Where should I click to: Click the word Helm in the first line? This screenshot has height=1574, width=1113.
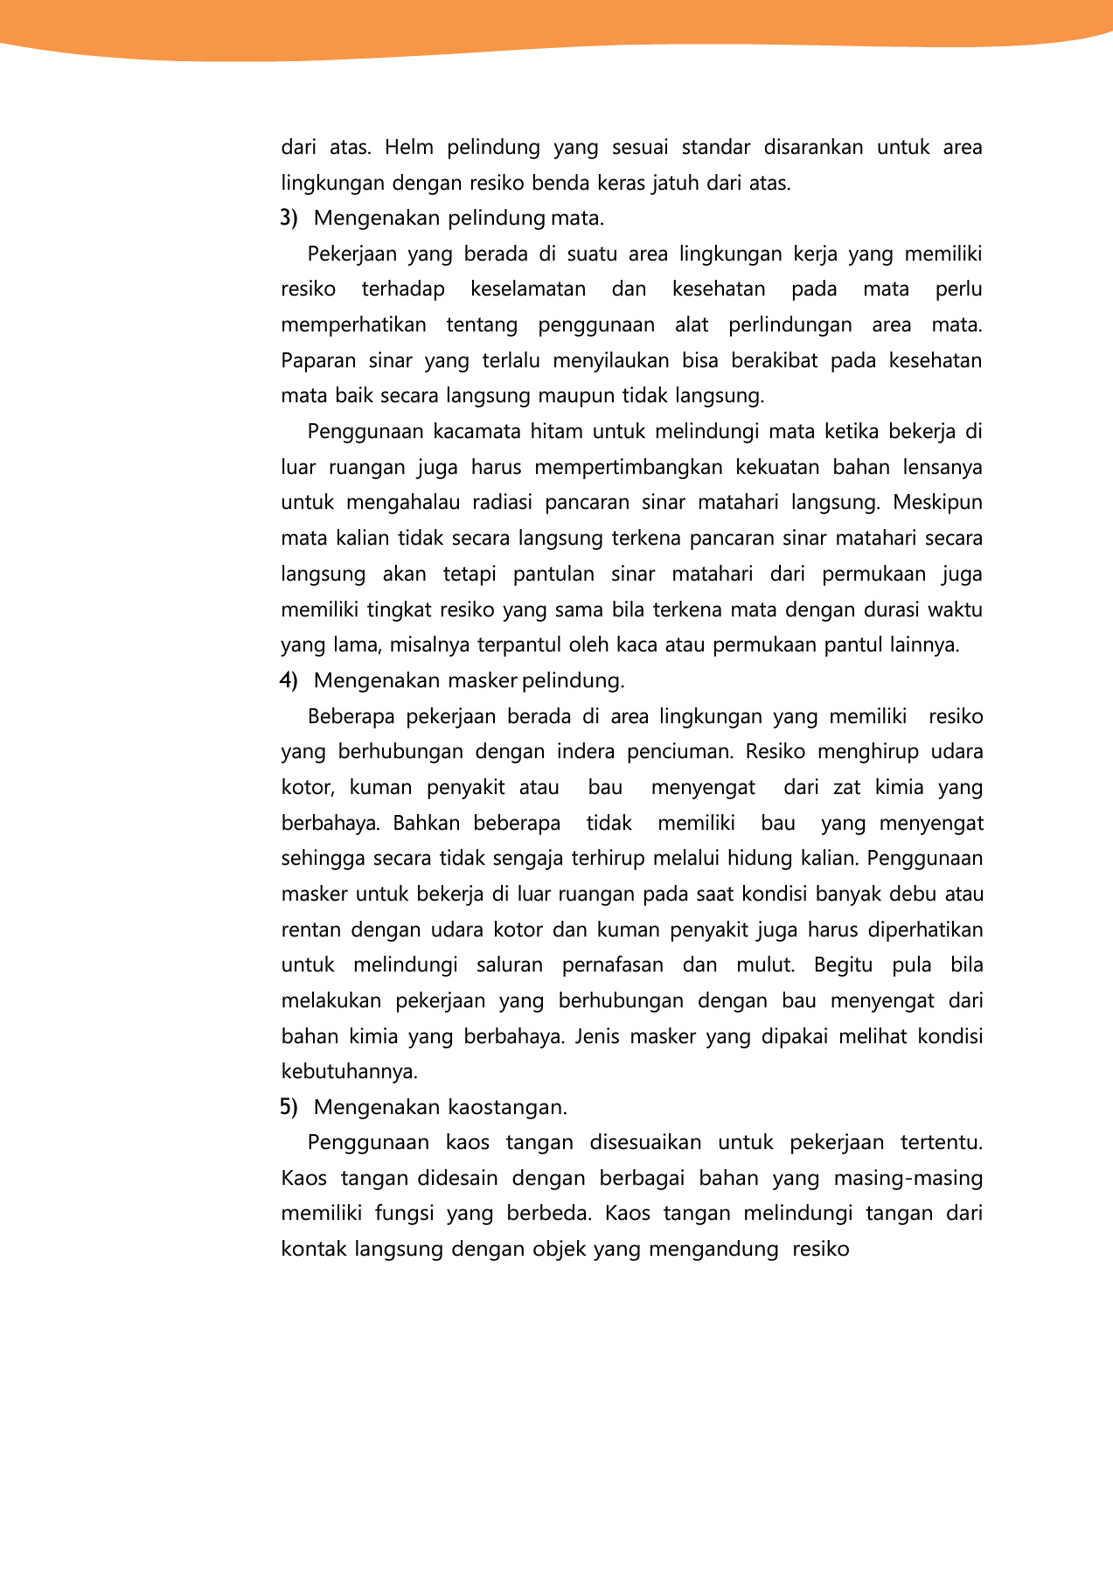click(408, 148)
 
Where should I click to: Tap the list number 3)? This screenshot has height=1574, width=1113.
click(289, 218)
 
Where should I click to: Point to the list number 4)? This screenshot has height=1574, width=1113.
click(289, 680)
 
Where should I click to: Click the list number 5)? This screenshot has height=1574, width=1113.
click(289, 1107)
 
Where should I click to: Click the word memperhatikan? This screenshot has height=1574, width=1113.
click(353, 325)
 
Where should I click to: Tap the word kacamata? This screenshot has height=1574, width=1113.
click(476, 432)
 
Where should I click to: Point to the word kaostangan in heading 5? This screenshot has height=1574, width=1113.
click(507, 1108)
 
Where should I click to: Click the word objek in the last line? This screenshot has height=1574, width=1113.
click(560, 1250)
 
